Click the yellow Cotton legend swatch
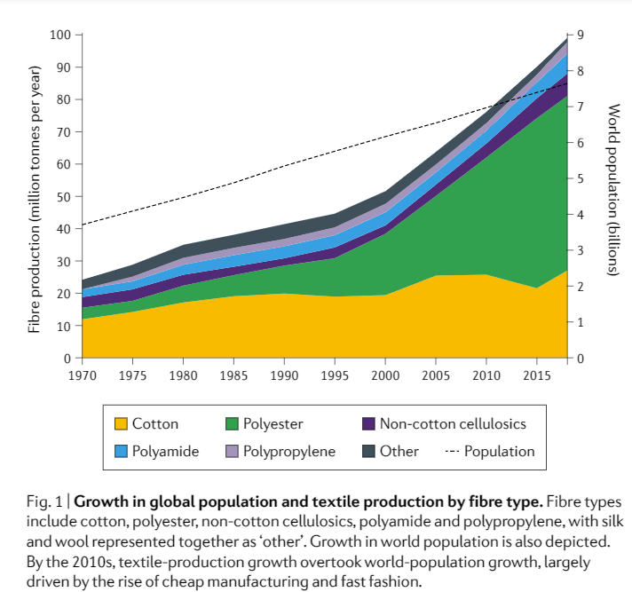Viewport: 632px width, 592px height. point(119,424)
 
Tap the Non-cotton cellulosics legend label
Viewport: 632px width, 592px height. point(453,424)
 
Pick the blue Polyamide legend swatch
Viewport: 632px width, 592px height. point(119,451)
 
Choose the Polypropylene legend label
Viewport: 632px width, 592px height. point(289,451)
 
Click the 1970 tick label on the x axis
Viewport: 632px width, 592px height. point(82,375)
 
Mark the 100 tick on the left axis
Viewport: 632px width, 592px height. point(60,36)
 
